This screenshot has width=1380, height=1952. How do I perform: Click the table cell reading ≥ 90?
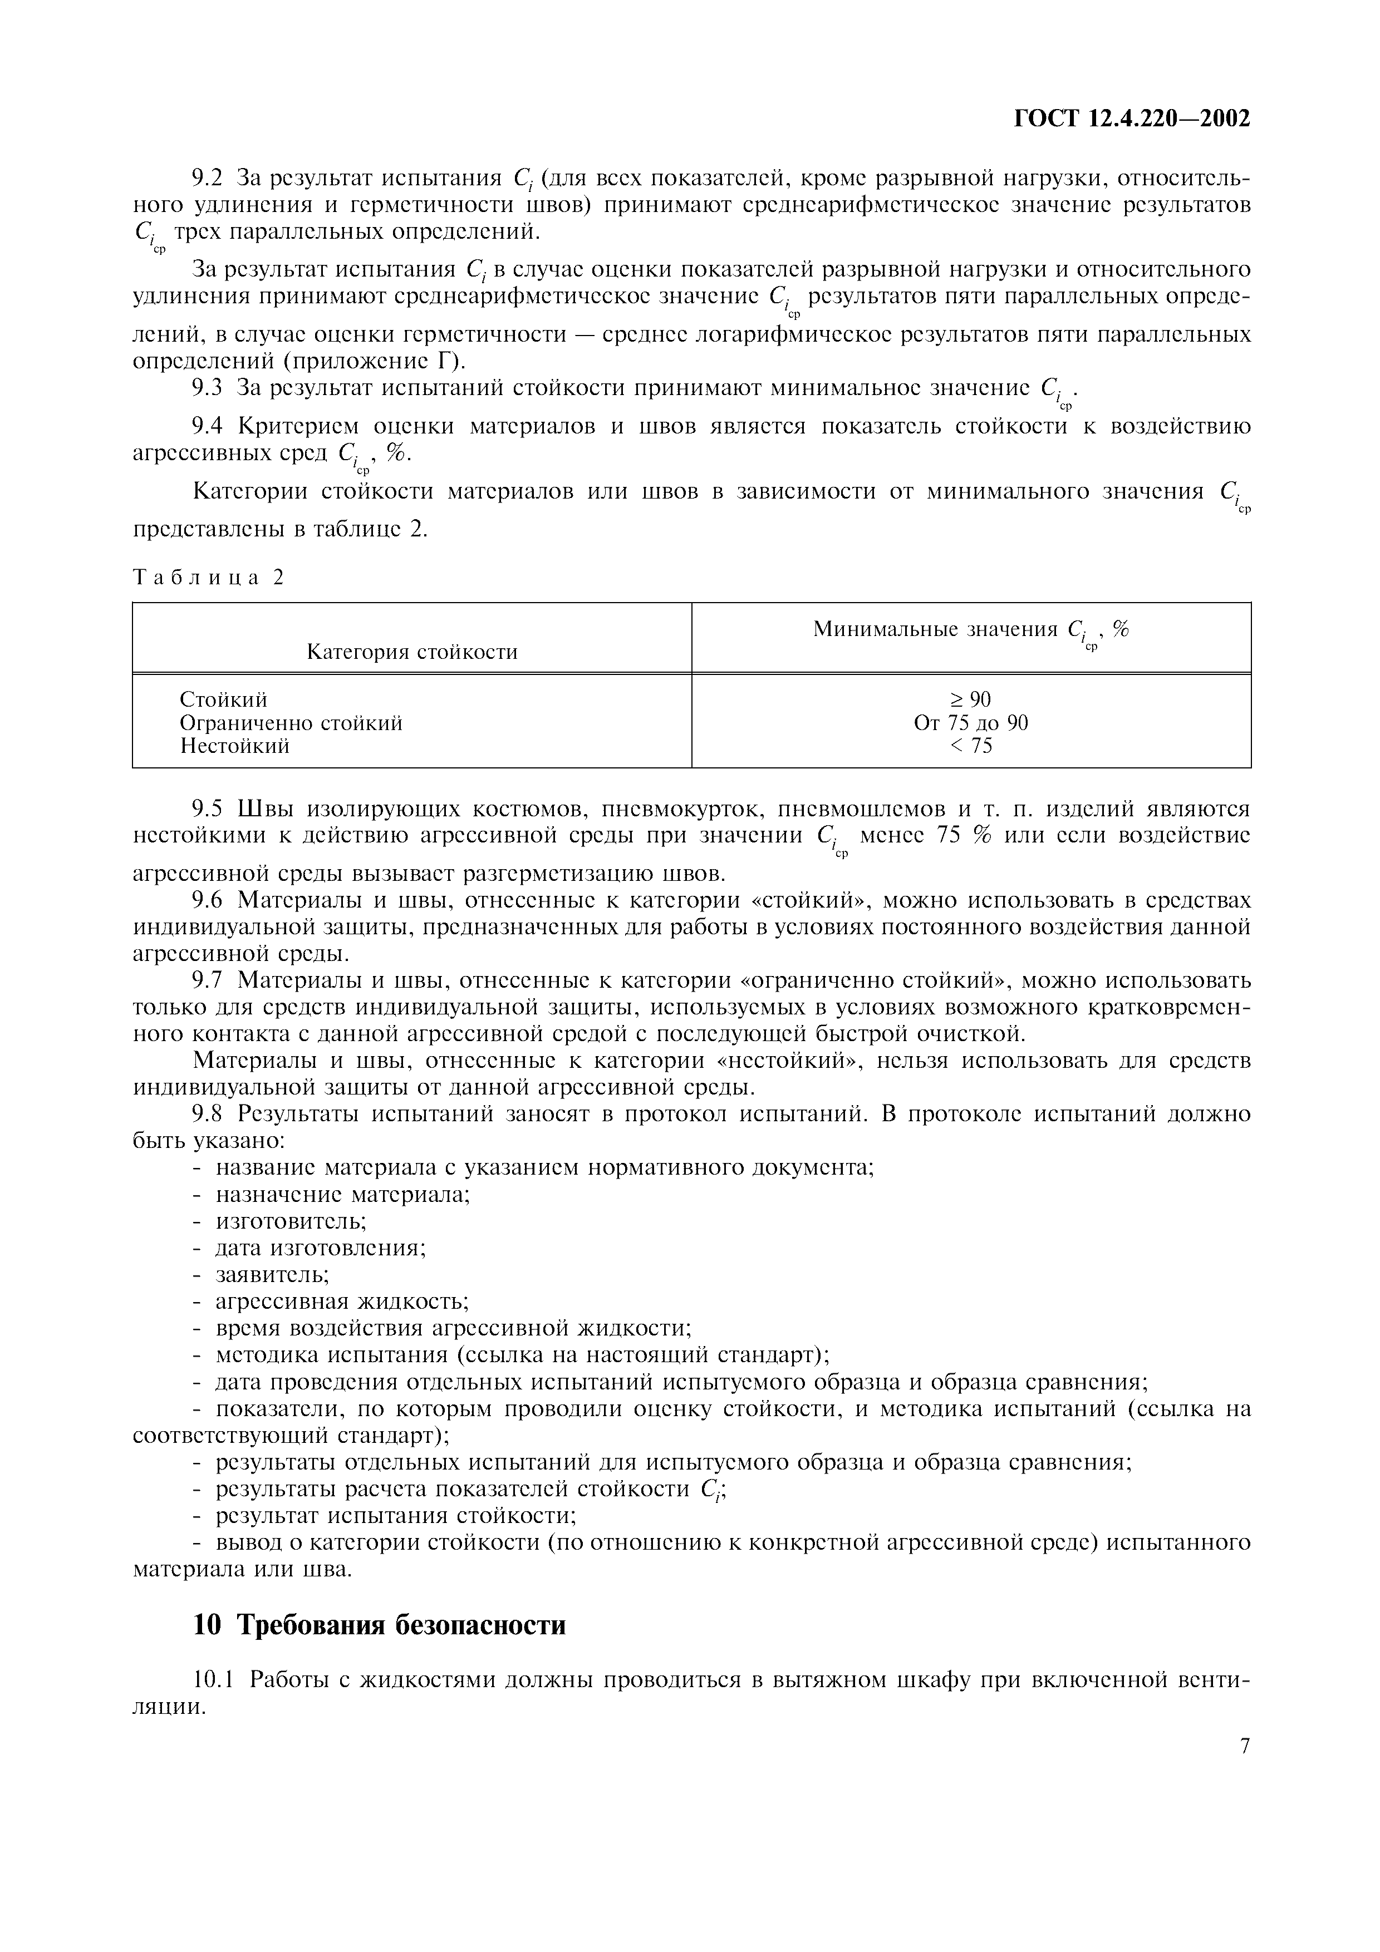point(970,699)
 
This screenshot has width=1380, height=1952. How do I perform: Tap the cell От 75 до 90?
point(970,723)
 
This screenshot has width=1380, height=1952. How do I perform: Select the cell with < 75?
point(970,746)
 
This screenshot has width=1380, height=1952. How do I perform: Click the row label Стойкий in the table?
point(223,699)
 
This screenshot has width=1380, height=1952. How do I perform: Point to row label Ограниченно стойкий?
point(291,723)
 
